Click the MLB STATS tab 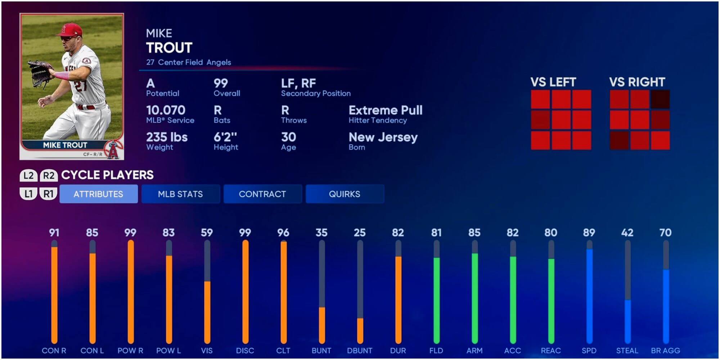[180, 194]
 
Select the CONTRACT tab [262, 194]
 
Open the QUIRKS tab [345, 194]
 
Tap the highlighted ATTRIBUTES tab [98, 194]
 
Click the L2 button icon [28, 176]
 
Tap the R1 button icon [48, 194]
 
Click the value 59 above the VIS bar [207, 233]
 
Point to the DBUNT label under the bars [360, 351]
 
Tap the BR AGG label [665, 351]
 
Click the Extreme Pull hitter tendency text [386, 110]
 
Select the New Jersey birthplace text [383, 137]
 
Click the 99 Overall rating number [221, 84]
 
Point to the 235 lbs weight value [167, 137]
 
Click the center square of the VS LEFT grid [561, 120]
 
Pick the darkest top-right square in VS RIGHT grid [660, 99]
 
